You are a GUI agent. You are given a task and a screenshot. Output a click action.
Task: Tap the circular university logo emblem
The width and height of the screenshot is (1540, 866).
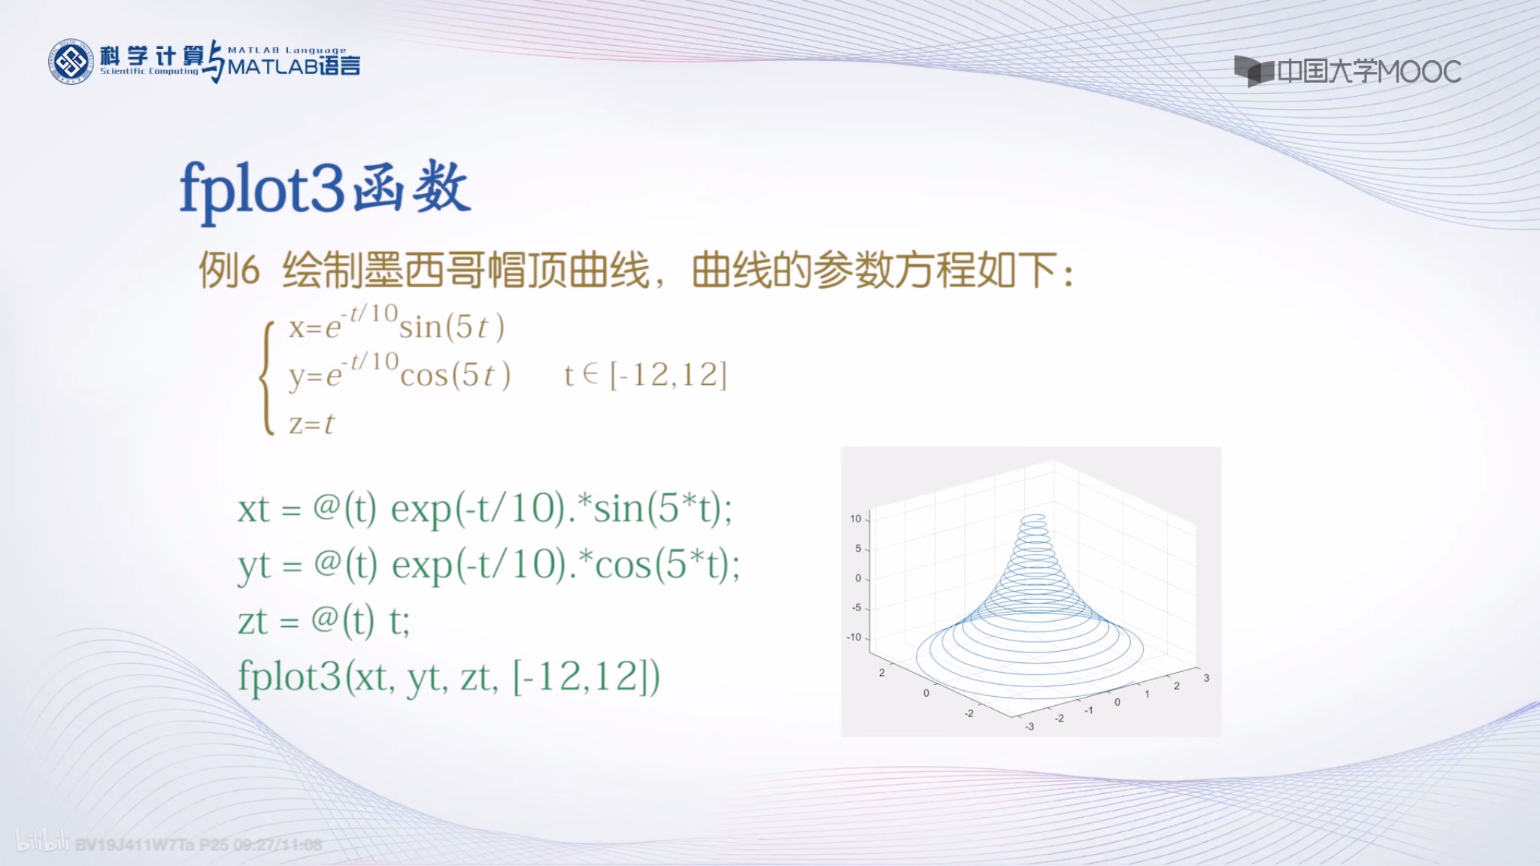71,62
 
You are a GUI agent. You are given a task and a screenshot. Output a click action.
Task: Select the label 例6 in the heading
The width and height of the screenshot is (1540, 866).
229,270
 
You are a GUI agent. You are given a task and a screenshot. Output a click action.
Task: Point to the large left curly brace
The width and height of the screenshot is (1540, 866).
267,377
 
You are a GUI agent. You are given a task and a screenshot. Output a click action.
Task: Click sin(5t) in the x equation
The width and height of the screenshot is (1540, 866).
451,327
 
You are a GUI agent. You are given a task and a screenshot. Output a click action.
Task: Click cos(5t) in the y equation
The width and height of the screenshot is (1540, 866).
455,375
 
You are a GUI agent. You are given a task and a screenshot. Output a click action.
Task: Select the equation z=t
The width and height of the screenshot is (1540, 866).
311,424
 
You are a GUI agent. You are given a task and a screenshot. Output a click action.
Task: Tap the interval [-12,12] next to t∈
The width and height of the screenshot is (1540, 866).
668,374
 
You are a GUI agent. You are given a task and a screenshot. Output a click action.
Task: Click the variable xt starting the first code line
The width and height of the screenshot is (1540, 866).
253,510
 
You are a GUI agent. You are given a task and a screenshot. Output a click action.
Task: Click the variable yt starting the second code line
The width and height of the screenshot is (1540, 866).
253,566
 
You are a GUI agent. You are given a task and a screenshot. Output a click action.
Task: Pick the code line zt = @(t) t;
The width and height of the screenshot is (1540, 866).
323,621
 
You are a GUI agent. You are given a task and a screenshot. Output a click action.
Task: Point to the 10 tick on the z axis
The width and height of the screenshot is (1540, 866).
856,519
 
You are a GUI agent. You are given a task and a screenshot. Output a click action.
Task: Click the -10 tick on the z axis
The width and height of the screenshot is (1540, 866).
854,637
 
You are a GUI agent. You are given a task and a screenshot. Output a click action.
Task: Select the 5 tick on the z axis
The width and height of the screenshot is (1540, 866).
858,549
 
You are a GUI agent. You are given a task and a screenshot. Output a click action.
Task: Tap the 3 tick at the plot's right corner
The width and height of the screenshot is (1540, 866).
1206,678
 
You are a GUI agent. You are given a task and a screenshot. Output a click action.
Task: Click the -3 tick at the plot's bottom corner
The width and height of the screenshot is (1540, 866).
1029,727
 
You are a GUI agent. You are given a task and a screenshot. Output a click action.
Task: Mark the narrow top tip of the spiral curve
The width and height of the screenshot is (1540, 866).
1034,519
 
